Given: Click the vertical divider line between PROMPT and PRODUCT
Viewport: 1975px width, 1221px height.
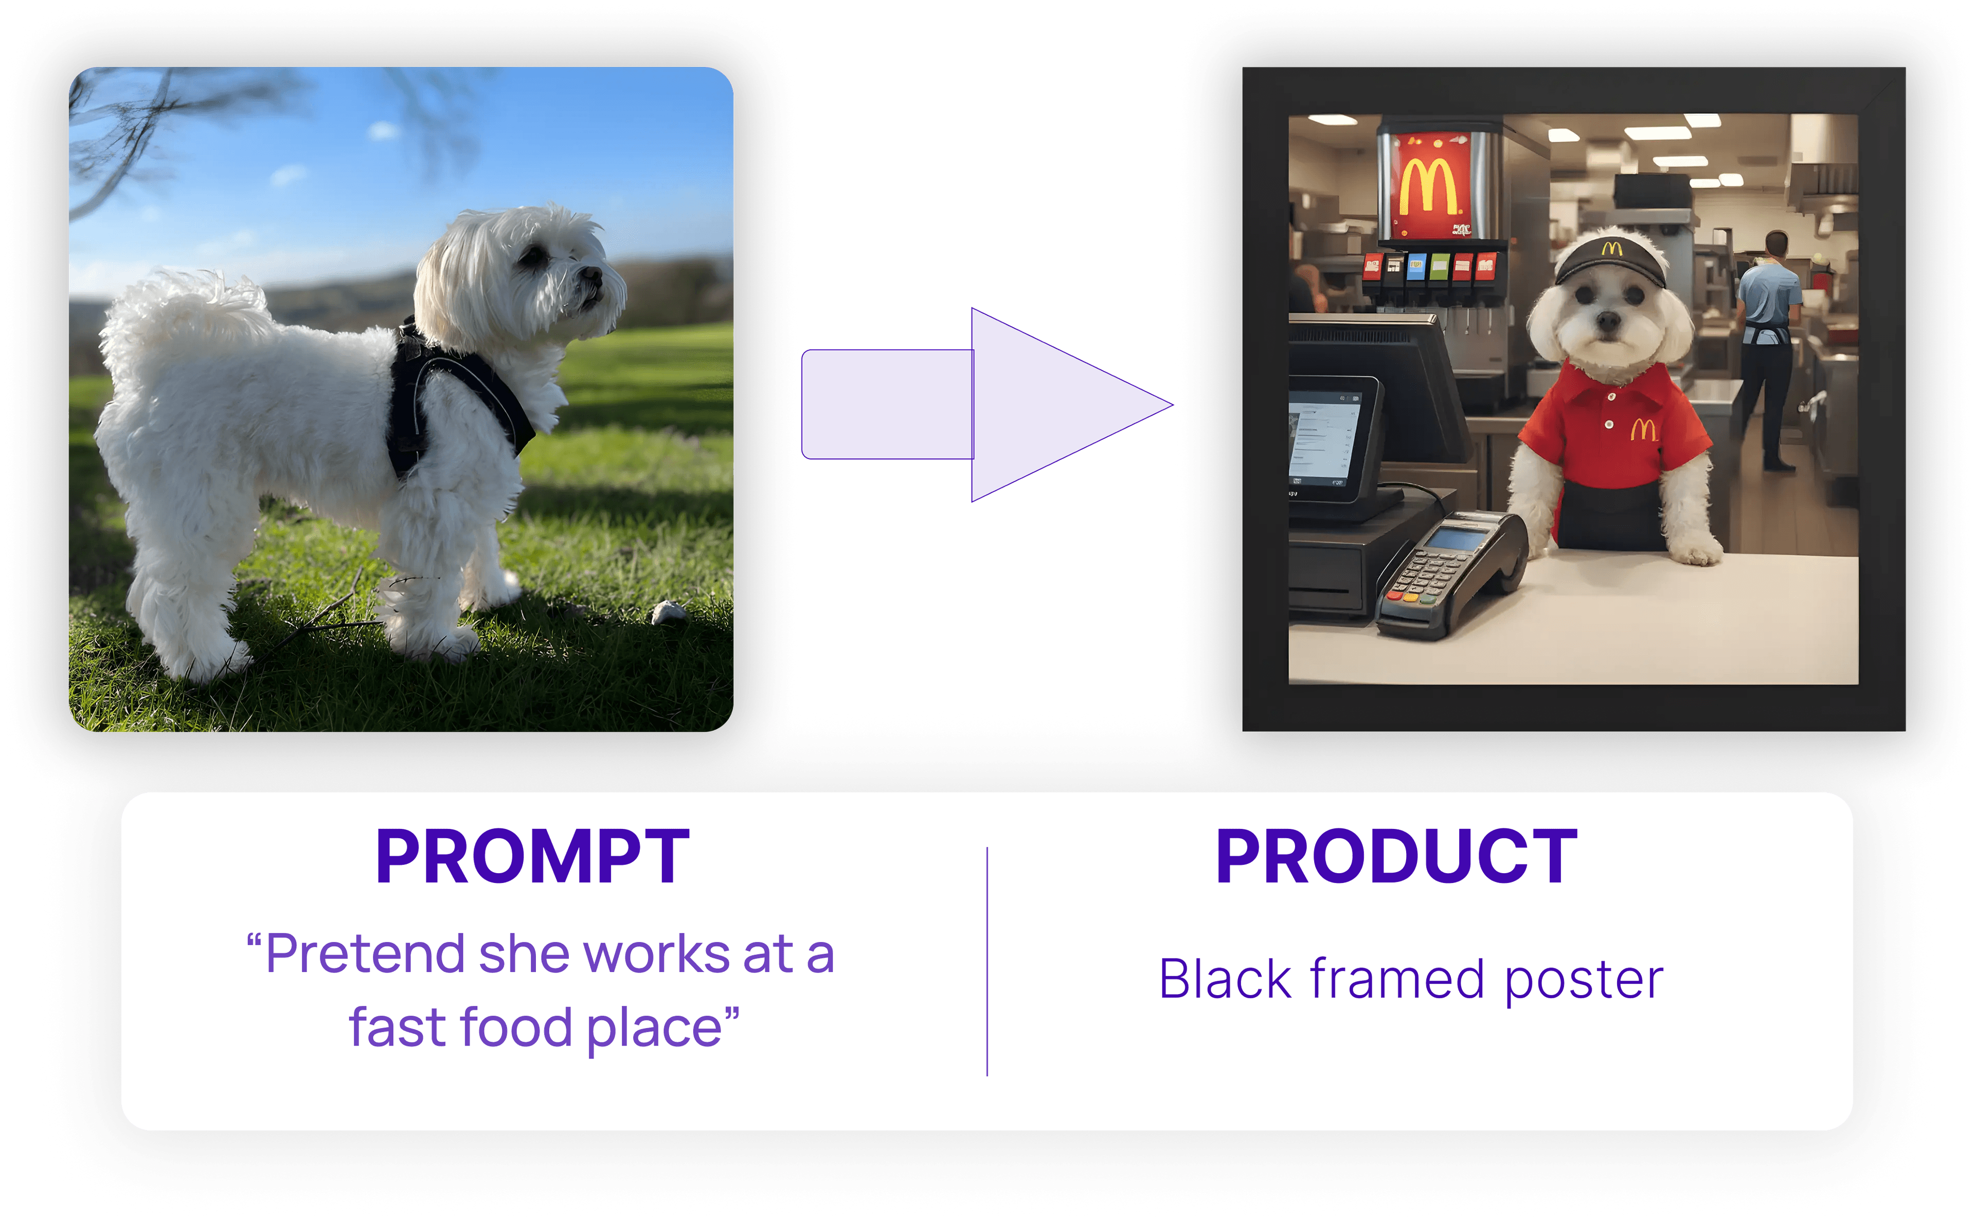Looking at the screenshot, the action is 987,961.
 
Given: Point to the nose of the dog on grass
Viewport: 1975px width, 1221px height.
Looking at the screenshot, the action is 593,275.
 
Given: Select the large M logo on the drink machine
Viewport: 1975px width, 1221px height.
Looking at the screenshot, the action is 1429,187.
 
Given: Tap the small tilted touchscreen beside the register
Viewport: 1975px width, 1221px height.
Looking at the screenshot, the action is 1327,440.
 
